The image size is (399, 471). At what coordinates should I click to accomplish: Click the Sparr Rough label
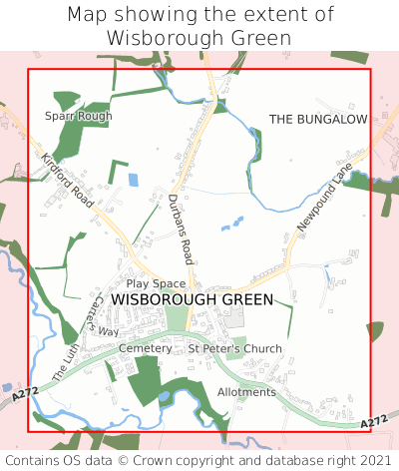78,116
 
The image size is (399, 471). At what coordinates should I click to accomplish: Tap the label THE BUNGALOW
318,119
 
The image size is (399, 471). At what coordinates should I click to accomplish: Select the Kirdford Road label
68,181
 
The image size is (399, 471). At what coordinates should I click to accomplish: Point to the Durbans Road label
181,222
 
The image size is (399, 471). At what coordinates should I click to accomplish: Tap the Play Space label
156,284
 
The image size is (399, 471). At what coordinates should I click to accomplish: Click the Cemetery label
146,348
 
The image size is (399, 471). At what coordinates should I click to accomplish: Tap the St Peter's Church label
235,348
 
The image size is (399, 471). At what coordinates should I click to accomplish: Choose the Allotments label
246,392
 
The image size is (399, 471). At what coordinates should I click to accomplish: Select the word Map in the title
89,15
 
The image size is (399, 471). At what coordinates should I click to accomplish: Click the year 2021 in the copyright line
376,460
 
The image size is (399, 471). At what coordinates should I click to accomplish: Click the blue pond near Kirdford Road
133,181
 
